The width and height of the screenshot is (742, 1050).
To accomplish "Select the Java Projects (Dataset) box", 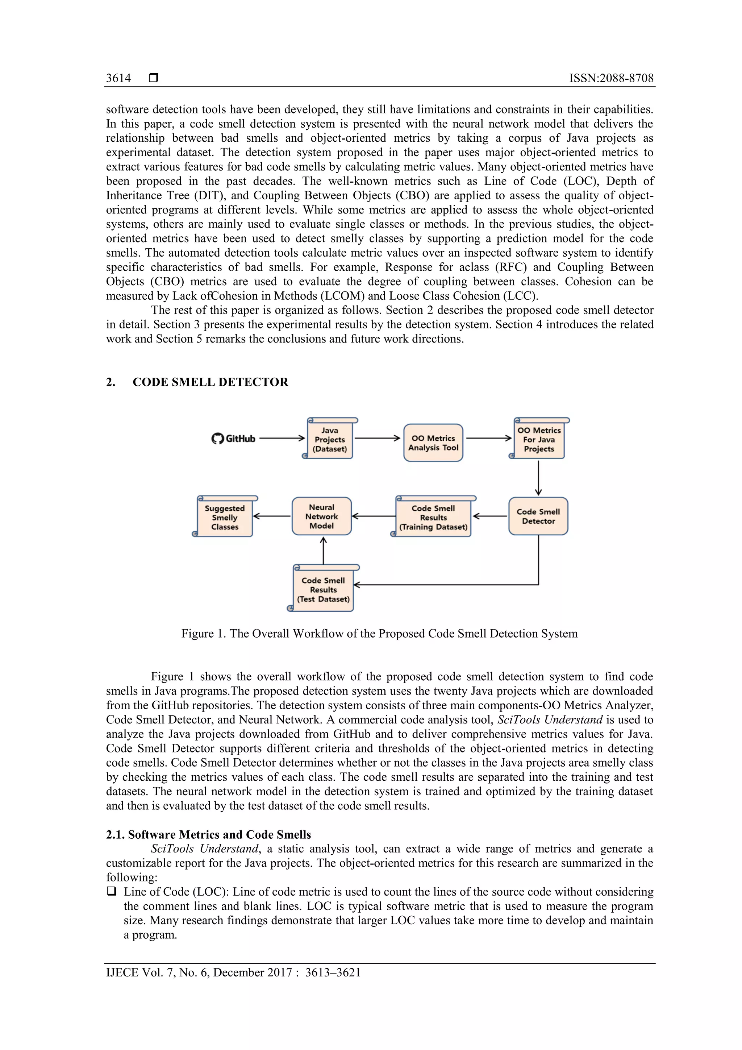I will pos(330,440).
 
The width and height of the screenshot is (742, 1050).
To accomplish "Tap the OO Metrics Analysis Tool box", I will pos(433,443).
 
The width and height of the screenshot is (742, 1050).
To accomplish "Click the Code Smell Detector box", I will pos(538,516).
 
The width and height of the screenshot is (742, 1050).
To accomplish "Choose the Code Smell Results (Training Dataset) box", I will pos(433,518).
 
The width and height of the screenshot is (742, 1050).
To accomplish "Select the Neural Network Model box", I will pos(321,516).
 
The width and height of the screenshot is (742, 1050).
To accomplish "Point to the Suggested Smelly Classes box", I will pos(225,518).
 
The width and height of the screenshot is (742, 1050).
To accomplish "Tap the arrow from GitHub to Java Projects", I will pos(282,438).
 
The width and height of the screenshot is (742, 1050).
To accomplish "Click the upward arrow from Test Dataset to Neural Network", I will pos(323,551).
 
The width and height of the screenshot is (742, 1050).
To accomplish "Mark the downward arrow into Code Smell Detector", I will pos(538,478).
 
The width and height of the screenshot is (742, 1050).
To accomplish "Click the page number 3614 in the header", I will pos(118,78).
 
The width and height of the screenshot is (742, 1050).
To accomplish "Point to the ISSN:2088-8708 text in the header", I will pos(611,78).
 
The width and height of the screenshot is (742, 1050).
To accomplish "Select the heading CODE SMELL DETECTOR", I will pos(210,382).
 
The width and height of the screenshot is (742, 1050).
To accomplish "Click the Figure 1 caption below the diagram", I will pos(379,634).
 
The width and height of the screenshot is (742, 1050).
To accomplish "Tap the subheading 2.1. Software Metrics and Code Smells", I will pos(208,835).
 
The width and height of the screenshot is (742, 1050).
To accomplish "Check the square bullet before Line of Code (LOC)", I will pos(111,891).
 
